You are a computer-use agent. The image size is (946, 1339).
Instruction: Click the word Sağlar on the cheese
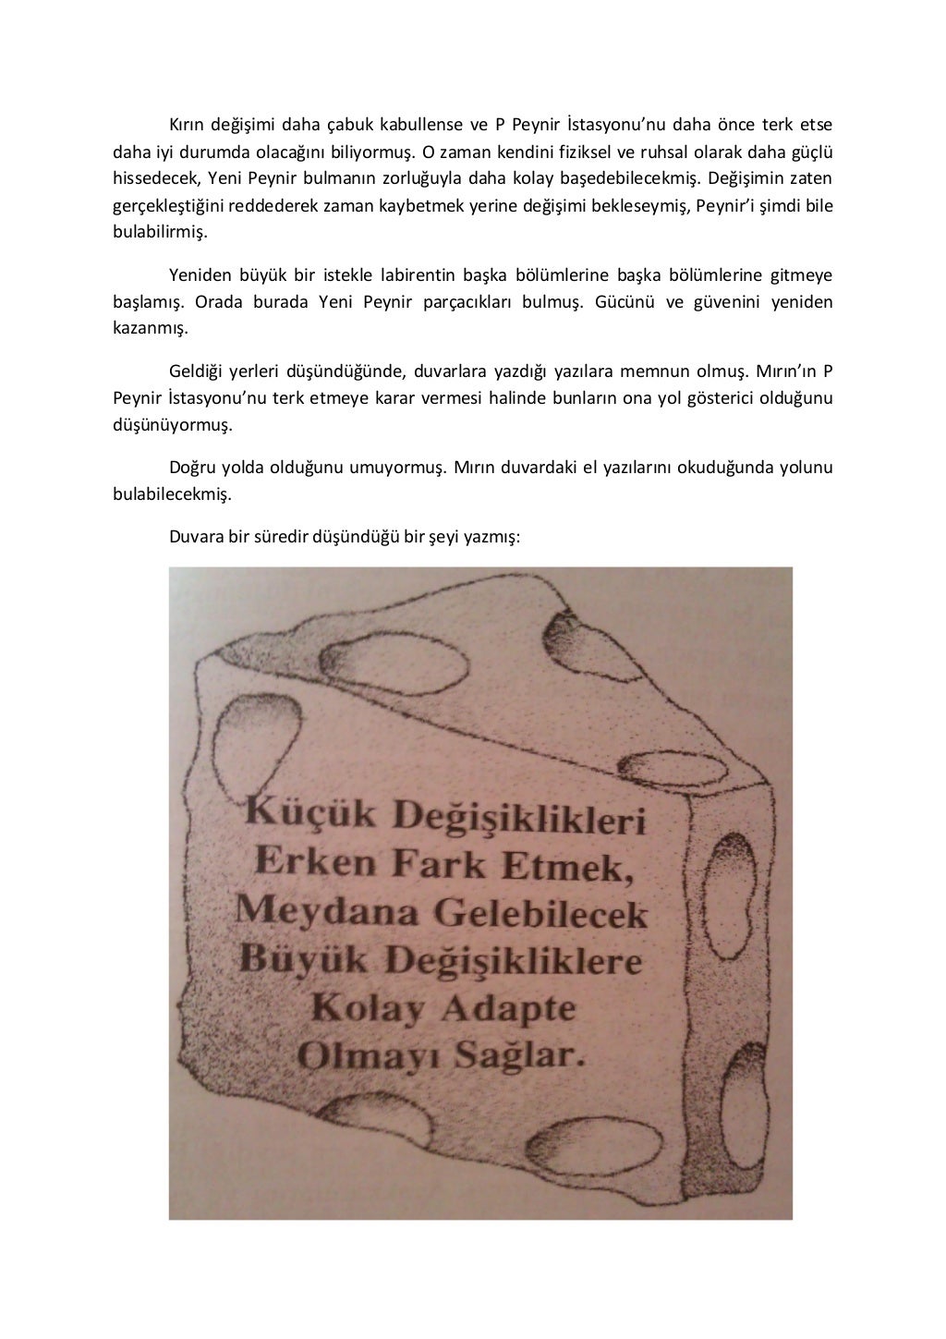(519, 1054)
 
